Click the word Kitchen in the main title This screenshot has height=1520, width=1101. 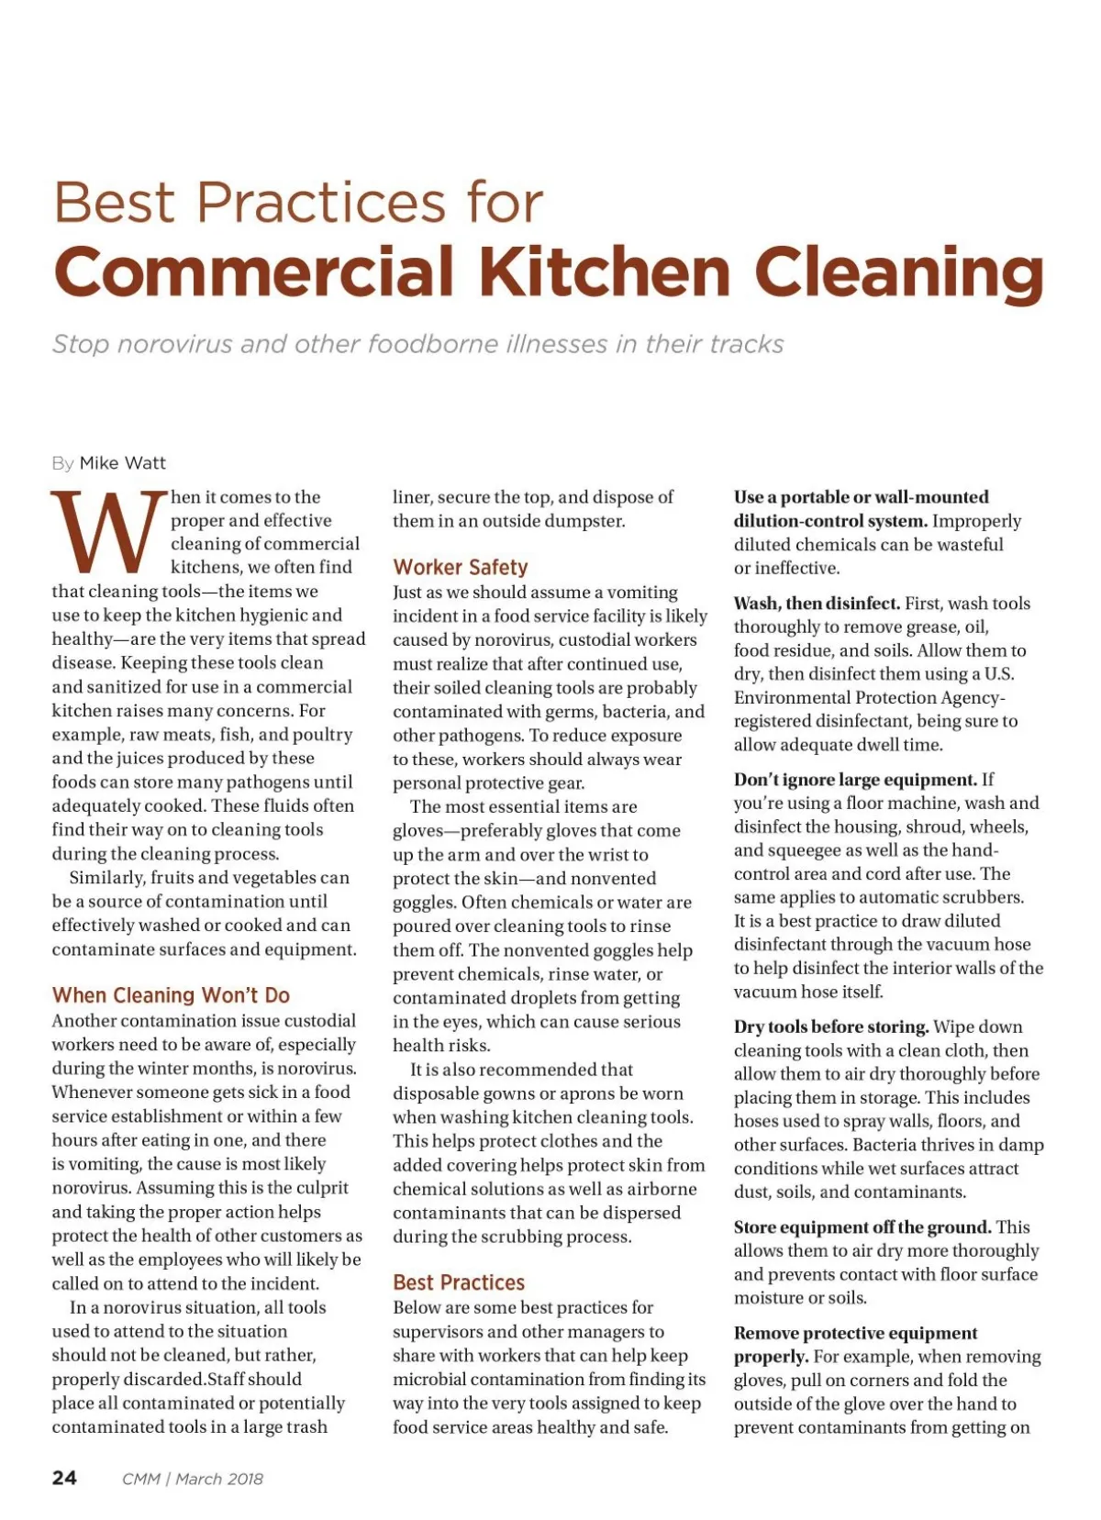coord(606,272)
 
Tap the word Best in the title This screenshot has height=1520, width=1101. coord(114,203)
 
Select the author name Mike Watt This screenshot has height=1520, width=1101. coord(123,463)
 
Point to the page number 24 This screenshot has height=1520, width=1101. coord(65,1478)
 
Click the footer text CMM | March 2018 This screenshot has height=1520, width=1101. coord(193,1479)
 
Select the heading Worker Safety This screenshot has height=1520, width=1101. coord(461,567)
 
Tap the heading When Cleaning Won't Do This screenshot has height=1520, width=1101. coord(171,995)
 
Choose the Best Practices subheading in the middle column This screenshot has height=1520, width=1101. coord(459,1282)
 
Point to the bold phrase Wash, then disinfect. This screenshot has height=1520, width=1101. coord(817,604)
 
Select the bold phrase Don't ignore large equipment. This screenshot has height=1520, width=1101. coord(855,780)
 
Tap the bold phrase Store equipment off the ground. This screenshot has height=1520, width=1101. coord(862,1227)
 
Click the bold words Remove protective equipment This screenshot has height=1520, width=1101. coord(855,1333)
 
